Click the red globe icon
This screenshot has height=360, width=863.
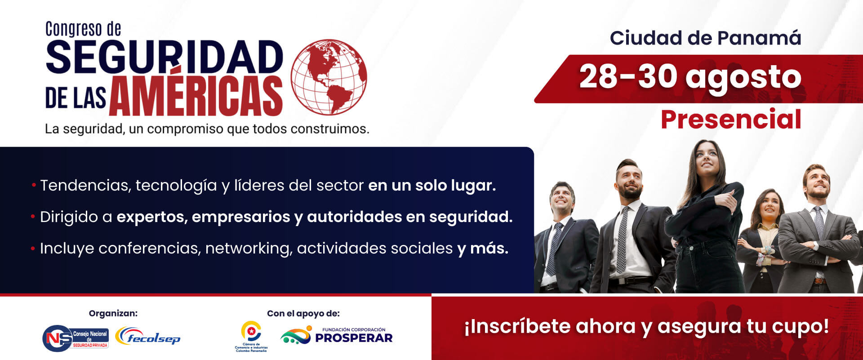[329, 77]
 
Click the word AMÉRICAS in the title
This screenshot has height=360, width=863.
[196, 95]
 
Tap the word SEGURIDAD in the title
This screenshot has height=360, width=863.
[165, 57]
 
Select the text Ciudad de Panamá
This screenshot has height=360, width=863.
[705, 38]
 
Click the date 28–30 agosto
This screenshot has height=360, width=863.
[690, 78]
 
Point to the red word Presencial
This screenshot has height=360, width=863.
[731, 119]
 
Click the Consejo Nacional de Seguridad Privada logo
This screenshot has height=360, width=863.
[76, 338]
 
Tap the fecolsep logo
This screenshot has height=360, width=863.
[148, 337]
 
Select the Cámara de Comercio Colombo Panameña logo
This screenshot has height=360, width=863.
[251, 337]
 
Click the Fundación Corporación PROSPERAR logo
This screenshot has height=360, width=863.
[336, 336]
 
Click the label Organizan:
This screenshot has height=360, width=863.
[113, 313]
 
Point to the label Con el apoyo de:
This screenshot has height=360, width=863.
[303, 313]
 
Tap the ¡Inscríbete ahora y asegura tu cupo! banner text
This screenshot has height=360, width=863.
[647, 327]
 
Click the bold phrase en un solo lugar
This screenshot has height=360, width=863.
[432, 185]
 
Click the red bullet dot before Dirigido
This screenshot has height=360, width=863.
[33, 217]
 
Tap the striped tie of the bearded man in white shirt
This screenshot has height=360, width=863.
[623, 240]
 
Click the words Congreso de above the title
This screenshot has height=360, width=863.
[83, 29]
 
